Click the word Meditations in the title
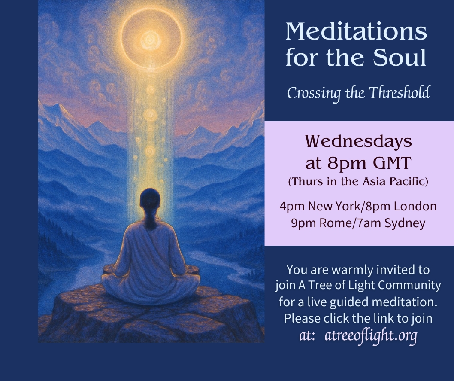pos(356,31)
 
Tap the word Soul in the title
pos(400,57)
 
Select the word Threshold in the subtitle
pos(399,93)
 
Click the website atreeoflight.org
pos(371,336)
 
